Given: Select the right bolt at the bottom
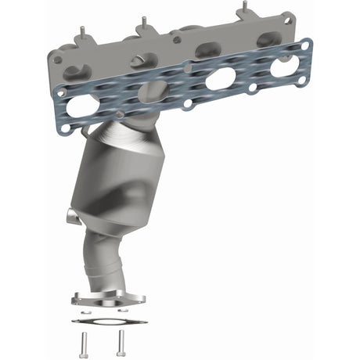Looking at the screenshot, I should point(121,339).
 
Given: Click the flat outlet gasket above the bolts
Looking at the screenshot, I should point(103,320).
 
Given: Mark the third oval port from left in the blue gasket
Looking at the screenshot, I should point(220,79).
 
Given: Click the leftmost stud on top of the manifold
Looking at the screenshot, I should point(81,33).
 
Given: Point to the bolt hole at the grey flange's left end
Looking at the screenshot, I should point(57,59).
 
